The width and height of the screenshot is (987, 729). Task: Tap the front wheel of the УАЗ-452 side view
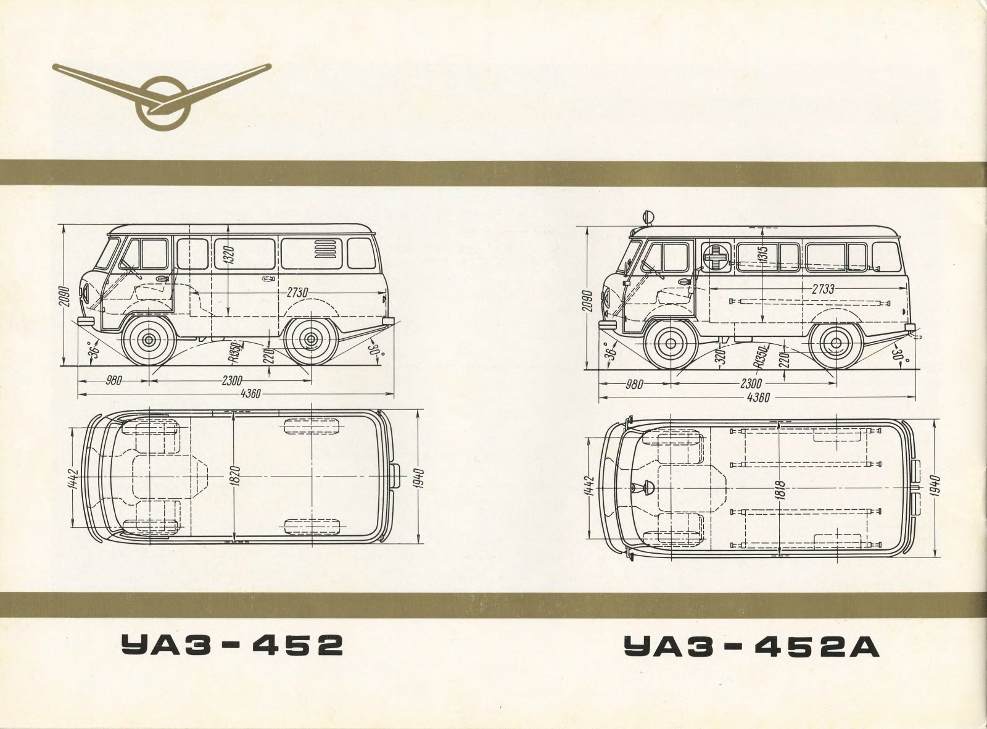point(149,340)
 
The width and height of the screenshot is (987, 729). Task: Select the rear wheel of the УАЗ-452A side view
point(834,343)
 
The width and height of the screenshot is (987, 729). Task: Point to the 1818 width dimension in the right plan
point(780,494)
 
